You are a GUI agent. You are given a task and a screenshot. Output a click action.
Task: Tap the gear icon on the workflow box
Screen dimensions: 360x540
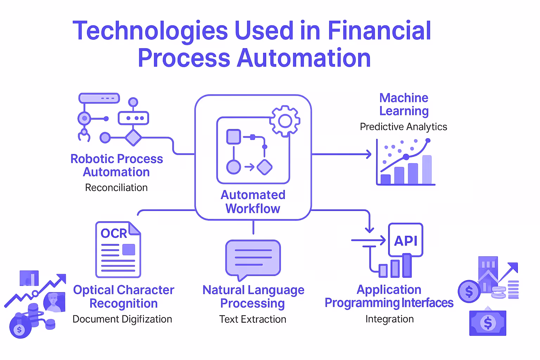[285, 121]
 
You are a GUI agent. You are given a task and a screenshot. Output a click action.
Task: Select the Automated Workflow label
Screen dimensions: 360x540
[253, 202]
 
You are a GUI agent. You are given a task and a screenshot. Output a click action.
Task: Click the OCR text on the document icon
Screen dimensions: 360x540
[114, 233]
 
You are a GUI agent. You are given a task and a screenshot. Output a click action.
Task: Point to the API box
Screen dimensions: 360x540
[406, 240]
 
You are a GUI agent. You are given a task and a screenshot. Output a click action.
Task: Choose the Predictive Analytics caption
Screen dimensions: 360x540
[403, 127]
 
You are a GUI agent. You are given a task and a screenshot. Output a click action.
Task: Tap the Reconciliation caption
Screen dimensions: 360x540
[116, 188]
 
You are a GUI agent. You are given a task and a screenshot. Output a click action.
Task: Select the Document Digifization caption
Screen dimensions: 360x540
[122, 319]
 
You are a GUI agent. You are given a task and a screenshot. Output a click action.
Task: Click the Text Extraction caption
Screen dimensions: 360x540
[253, 319]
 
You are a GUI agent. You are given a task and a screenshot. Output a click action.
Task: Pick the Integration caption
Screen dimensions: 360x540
[390, 319]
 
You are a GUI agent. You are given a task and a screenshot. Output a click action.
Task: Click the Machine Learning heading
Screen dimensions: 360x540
[404, 104]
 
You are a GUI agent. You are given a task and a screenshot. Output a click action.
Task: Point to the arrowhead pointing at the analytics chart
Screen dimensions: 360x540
[369, 154]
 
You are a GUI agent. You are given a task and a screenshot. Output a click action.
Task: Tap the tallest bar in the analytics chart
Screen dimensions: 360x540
[427, 170]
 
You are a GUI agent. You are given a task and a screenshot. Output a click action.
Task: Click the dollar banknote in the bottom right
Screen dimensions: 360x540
[488, 323]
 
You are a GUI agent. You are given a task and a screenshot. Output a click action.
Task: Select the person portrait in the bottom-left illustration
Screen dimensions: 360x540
[54, 302]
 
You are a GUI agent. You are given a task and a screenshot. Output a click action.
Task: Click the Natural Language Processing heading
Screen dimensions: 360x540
[253, 296]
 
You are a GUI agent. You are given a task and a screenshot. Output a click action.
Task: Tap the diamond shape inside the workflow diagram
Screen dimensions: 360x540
[264, 167]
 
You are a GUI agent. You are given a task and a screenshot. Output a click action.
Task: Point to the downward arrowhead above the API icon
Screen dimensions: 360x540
[369, 230]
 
